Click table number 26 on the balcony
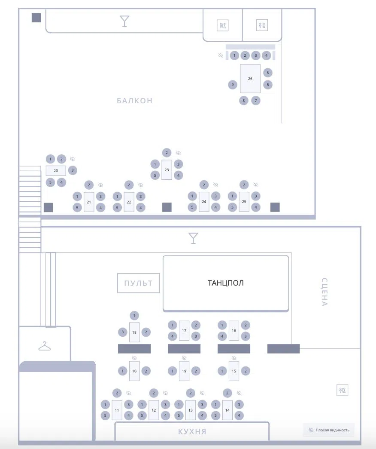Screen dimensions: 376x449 (250, 78)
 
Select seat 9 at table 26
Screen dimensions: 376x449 (233, 84)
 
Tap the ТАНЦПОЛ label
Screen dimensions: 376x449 (225, 283)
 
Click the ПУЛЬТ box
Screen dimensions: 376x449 (138, 283)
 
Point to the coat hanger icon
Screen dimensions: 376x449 (45, 346)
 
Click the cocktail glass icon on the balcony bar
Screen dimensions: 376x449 (124, 21)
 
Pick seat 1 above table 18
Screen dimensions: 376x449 (134, 316)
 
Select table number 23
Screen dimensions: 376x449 (167, 170)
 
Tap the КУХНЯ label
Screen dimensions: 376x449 (192, 431)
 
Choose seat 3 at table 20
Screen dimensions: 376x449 (73, 170)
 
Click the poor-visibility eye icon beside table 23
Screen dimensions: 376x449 (178, 153)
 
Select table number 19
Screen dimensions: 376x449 (184, 371)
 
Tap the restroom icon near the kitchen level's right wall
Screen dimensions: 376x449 (342, 390)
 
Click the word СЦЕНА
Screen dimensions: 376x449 (324, 292)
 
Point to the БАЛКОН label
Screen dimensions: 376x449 (135, 101)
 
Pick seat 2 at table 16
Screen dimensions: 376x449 (246, 325)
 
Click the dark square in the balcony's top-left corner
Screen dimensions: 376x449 (36, 18)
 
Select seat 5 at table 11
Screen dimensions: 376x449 (105, 415)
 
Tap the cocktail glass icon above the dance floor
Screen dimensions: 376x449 (193, 238)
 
